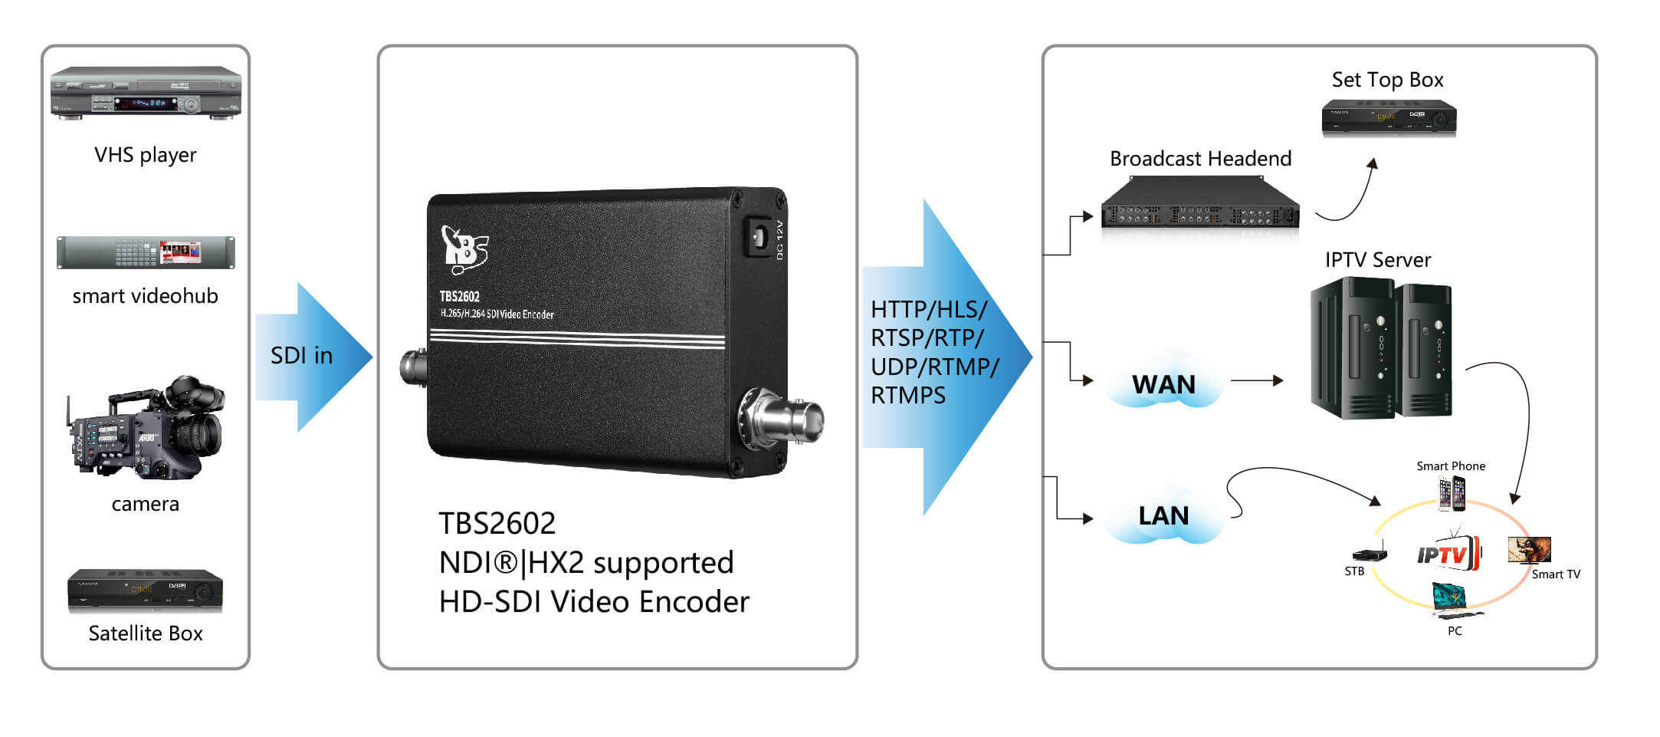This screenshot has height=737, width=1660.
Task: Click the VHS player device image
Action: (x=146, y=93)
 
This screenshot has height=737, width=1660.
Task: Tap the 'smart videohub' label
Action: (x=145, y=296)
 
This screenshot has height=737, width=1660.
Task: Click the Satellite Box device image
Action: (x=145, y=591)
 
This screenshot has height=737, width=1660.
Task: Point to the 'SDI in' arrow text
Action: (x=301, y=356)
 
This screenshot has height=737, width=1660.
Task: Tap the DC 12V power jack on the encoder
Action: (x=759, y=237)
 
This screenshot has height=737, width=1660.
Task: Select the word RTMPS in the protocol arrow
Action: (x=908, y=396)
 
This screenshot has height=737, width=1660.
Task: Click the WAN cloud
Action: (x=1163, y=384)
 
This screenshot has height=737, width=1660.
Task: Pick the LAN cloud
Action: (x=1163, y=515)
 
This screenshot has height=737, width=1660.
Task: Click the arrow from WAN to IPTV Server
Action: (x=1257, y=380)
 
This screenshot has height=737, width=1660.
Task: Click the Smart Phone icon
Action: (x=1452, y=493)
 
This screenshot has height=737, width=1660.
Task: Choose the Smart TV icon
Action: (x=1529, y=549)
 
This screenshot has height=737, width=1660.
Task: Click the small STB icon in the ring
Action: (x=1369, y=554)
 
